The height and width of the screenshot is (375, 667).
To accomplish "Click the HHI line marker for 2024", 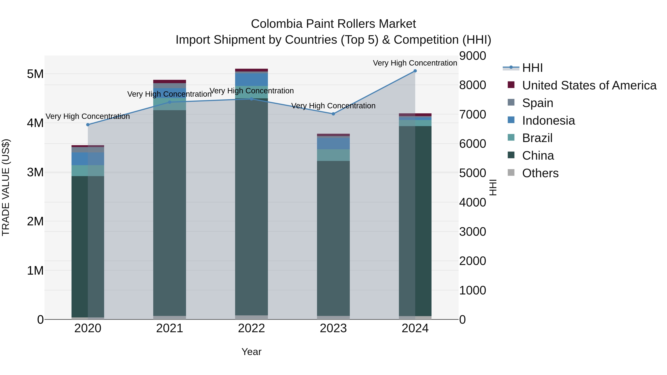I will tap(415, 71).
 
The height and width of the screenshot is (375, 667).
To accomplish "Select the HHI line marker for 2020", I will tap(88, 125).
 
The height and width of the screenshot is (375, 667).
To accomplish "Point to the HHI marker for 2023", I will tap(333, 114).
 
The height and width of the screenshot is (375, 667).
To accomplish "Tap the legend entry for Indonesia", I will tap(548, 121).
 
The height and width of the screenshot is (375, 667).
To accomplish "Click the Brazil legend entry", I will tap(537, 138).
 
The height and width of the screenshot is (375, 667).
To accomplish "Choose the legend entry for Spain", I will tap(537, 103).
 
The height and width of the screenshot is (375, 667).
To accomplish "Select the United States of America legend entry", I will tap(589, 85).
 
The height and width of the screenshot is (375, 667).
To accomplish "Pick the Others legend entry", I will tap(540, 173).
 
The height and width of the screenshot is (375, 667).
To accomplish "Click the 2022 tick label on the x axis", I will tap(251, 328).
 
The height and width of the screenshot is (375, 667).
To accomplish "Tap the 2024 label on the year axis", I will tap(415, 328).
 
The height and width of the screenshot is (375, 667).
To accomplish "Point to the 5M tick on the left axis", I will tap(35, 74).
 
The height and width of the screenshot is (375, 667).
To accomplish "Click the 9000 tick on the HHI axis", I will tap(472, 56).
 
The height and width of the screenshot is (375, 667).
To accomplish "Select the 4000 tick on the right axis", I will tap(472, 202).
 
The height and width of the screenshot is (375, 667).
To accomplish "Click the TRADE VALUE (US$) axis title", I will tap(6, 187).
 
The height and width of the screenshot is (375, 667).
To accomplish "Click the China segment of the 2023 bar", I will tap(333, 238).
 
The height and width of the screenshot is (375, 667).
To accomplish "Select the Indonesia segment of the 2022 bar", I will tap(251, 79).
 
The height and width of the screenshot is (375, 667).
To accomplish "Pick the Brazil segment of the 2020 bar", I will tap(88, 171).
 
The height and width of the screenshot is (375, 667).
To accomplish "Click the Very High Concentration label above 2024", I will tap(415, 63).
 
